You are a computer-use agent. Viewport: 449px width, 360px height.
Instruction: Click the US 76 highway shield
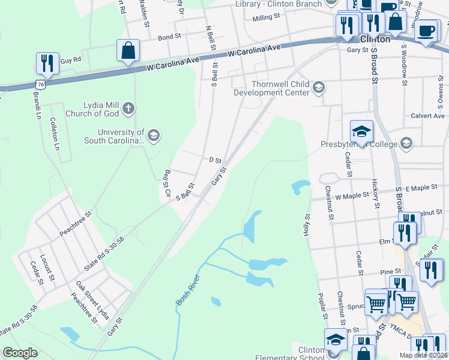(40, 84)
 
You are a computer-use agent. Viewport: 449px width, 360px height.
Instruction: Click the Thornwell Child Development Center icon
(319, 88)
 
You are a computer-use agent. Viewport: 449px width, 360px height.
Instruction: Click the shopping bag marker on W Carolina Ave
(128, 50)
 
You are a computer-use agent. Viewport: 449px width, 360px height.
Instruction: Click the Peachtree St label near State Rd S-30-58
(74, 223)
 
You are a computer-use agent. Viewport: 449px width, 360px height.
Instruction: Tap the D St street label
(215, 161)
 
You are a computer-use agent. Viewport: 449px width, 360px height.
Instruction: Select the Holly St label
(307, 225)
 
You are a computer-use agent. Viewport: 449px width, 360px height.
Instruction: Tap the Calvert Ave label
(427, 116)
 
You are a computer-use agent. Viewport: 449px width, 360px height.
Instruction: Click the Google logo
(20, 353)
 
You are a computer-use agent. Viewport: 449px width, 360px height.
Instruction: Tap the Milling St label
(267, 18)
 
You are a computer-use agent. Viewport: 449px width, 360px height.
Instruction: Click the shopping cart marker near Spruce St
(376, 302)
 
